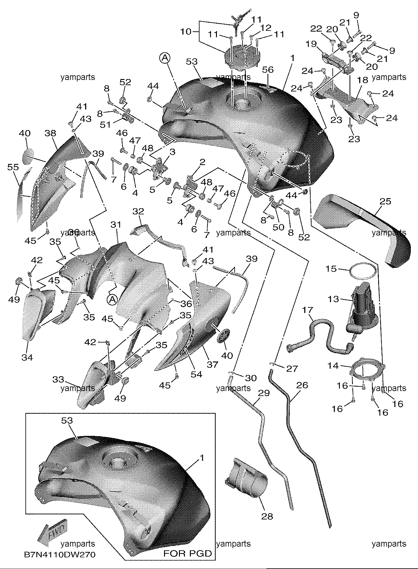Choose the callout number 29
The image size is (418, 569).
(x=264, y=393)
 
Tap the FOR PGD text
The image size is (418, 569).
(x=188, y=553)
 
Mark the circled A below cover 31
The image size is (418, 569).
(x=111, y=299)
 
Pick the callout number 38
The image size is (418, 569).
(x=50, y=133)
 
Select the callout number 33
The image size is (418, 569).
(x=58, y=379)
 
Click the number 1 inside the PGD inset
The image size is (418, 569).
(x=202, y=458)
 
